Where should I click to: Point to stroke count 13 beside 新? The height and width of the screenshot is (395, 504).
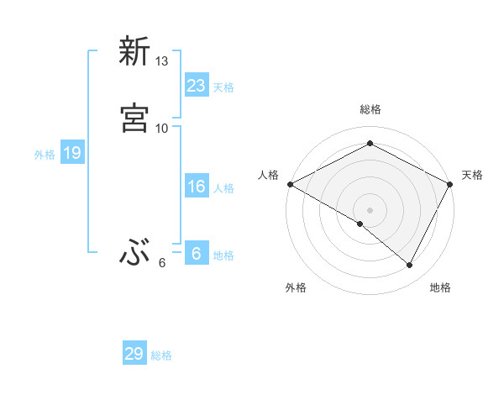[x=162, y=61]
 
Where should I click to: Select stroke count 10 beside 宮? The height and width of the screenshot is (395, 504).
[x=162, y=128]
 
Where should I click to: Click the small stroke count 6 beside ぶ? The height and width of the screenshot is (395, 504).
[x=162, y=263]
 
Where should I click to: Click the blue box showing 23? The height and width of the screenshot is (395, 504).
[x=196, y=85]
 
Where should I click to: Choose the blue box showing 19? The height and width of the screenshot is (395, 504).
[x=72, y=153]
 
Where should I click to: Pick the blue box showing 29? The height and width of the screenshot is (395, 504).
[x=134, y=354]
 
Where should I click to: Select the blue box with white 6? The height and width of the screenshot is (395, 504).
[x=196, y=253]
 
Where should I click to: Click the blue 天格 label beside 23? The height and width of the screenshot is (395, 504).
[x=223, y=87]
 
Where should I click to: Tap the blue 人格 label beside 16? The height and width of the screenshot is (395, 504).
[x=223, y=188]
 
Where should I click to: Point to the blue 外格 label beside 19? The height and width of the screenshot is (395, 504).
[x=45, y=155]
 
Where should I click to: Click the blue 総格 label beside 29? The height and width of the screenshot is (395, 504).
[x=161, y=356]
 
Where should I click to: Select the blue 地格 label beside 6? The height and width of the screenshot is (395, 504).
[x=223, y=255]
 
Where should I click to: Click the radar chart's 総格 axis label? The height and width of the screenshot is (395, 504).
[x=370, y=109]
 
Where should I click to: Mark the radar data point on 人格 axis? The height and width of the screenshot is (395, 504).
[x=290, y=183]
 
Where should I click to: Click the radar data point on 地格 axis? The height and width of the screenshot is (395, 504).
[x=410, y=266]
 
